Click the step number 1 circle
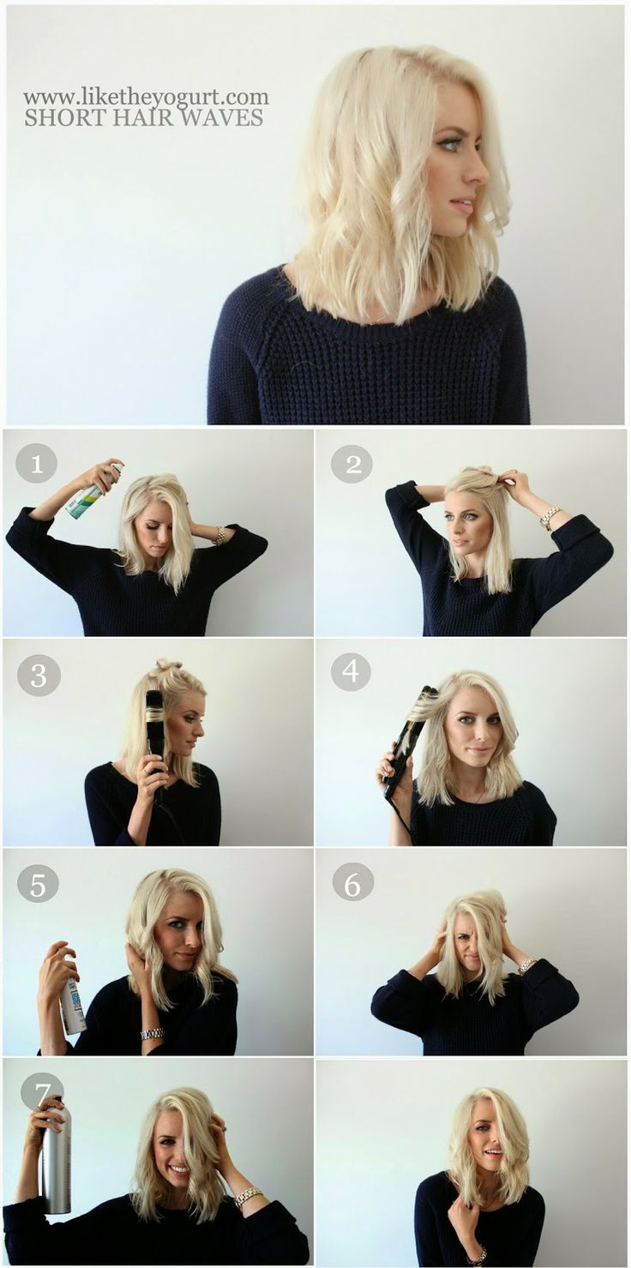coord(36,464)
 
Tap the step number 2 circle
coord(352,464)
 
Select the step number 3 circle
coord(39,675)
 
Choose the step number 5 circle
coord(38,883)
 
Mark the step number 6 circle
coord(353,881)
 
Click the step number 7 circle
coord(41,1091)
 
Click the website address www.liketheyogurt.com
coord(146,97)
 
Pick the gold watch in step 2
coord(550,516)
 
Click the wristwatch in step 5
coord(153,1034)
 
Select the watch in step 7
coord(248,1196)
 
